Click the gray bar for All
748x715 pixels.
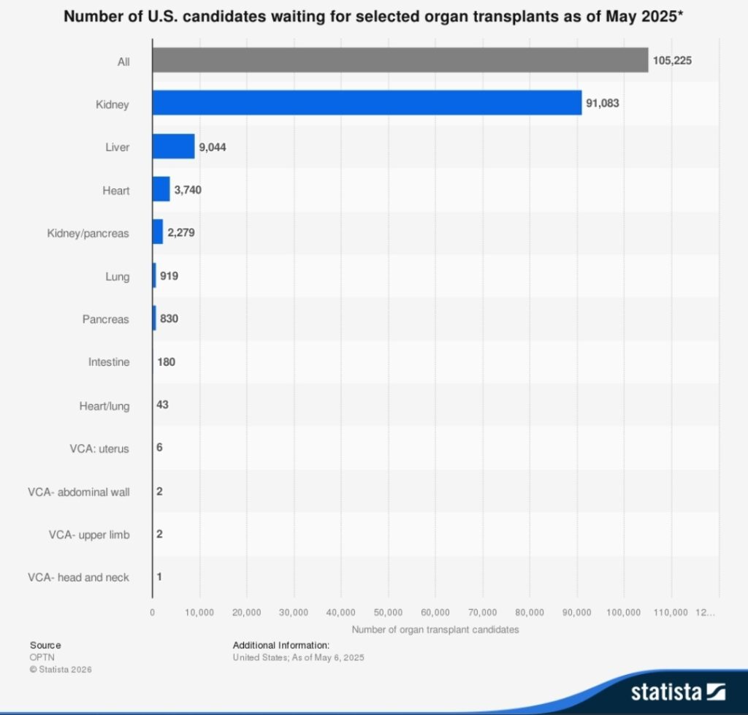point(400,61)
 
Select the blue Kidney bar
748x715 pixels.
point(367,103)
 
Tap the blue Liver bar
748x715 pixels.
point(173,146)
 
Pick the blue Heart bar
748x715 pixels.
point(161,189)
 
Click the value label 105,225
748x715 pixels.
point(672,61)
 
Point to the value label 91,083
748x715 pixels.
point(603,104)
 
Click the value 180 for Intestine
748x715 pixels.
point(166,362)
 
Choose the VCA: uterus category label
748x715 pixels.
point(94,448)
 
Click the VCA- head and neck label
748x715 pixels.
point(78,577)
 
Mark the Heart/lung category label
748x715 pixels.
point(104,405)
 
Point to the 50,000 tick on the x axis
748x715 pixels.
point(389,612)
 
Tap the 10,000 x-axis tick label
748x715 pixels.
point(199,612)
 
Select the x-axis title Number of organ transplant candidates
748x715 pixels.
point(435,630)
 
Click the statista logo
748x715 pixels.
point(678,691)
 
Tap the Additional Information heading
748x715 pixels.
point(281,645)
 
